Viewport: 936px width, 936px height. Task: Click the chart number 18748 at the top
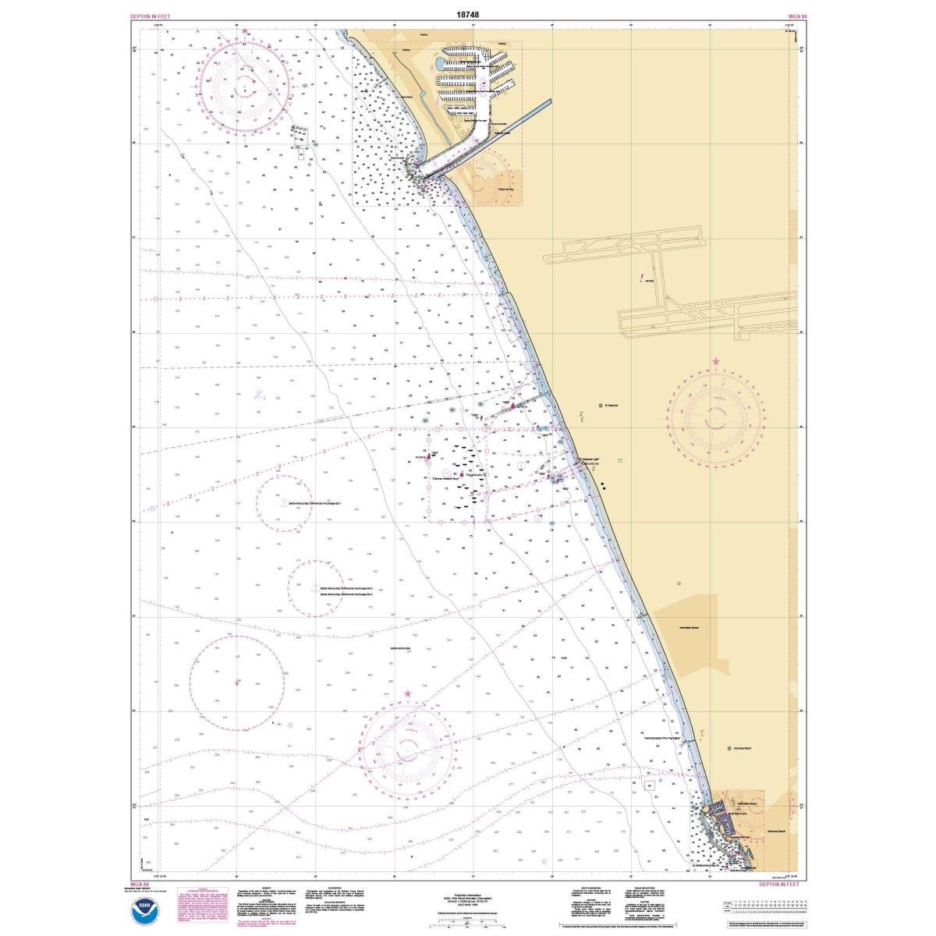coord(468,14)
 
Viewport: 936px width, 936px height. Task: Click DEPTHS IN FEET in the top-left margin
coord(153,16)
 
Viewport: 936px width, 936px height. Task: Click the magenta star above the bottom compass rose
coord(407,693)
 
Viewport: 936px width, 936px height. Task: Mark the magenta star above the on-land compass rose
coord(716,362)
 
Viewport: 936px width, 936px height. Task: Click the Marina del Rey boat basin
coord(476,74)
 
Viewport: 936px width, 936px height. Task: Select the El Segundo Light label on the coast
coord(590,459)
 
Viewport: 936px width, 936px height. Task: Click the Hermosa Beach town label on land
coord(742,748)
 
